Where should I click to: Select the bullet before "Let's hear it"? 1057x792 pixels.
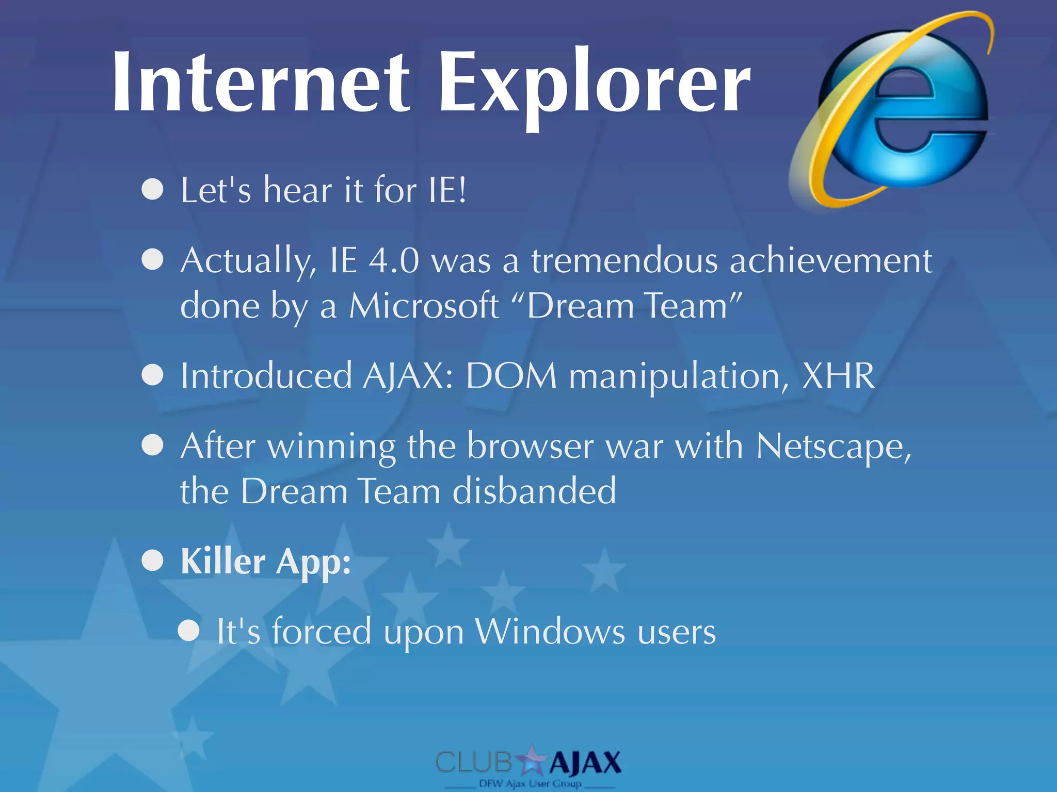tap(153, 189)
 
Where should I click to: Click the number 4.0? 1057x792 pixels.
tap(393, 260)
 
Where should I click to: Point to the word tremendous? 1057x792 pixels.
tap(624, 260)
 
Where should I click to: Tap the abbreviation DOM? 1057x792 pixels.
tap(511, 375)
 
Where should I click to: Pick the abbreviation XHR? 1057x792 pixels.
tap(838, 375)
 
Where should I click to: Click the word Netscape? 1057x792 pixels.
tap(833, 446)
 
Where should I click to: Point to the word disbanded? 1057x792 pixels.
tap(534, 491)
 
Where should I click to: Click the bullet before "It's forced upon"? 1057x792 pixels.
tap(189, 630)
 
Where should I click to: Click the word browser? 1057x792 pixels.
tap(530, 446)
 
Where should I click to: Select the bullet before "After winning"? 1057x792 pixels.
tap(153, 445)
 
